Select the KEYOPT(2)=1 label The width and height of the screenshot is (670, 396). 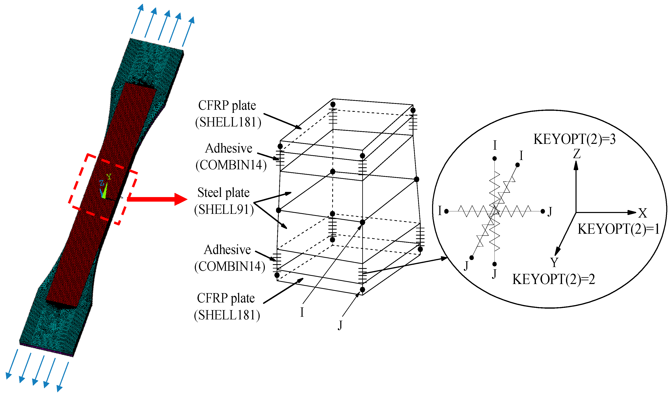pos(618,229)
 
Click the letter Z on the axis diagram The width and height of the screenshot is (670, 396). pos(577,154)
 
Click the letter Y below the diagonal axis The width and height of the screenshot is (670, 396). pos(554,262)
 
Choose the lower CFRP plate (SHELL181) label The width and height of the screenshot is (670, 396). pos(227,307)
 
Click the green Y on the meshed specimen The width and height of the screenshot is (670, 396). pos(109,176)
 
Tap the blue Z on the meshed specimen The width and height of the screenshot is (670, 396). pos(102,183)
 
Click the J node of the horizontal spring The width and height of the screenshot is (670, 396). pos(543,211)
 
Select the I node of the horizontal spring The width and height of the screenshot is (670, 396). pos(446,211)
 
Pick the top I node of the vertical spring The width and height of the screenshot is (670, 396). pos(494,159)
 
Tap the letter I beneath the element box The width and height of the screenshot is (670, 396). pos(302,312)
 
